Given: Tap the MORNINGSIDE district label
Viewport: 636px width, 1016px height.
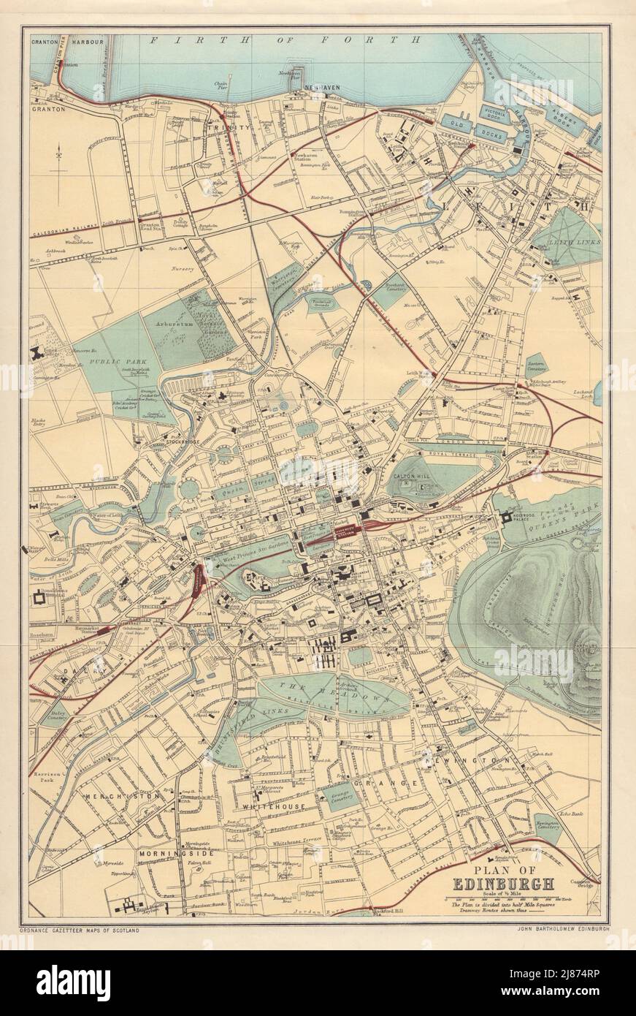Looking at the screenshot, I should (x=176, y=853).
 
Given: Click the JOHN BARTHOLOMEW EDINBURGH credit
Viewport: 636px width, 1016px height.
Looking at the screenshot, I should (x=562, y=929).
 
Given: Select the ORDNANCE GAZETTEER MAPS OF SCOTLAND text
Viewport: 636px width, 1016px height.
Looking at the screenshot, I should (x=80, y=929).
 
